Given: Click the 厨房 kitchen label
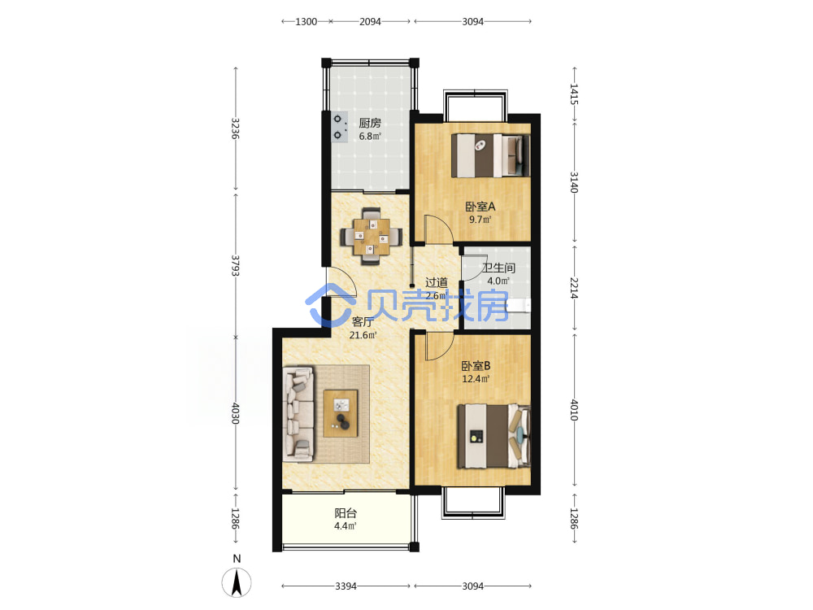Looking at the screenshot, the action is click(x=370, y=123).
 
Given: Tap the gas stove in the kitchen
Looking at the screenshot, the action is click(x=340, y=127).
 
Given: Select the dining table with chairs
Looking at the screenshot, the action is click(x=372, y=237).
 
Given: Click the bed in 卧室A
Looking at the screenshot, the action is click(x=490, y=155).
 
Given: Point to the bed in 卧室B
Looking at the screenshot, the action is click(x=493, y=436).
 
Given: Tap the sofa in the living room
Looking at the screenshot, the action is click(x=298, y=414).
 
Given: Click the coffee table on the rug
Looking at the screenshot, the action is click(x=341, y=413).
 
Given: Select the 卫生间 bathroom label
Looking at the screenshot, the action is click(x=499, y=268).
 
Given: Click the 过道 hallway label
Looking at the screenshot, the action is click(x=437, y=282).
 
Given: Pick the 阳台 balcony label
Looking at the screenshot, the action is click(x=346, y=513).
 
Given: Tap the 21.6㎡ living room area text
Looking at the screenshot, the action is click(x=363, y=335).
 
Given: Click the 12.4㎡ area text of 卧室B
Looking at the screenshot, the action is click(x=476, y=379).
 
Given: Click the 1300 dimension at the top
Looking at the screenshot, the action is click(x=306, y=22).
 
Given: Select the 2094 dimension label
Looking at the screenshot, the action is click(x=370, y=22).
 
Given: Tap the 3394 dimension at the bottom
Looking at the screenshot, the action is click(x=346, y=586).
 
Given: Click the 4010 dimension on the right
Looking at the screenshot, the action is click(x=574, y=410).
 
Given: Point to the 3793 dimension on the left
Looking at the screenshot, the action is click(x=235, y=266).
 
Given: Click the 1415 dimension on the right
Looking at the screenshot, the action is click(x=574, y=94).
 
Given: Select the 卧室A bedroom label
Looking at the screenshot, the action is click(x=480, y=207).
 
